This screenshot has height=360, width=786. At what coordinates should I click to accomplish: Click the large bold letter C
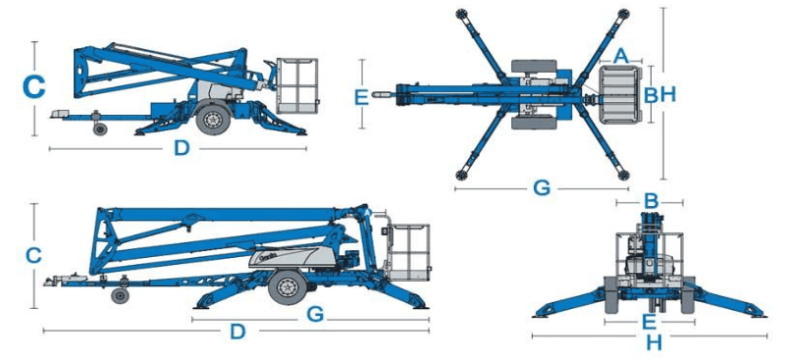(x=34, y=86)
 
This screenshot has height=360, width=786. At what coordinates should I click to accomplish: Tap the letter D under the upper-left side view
(x=182, y=148)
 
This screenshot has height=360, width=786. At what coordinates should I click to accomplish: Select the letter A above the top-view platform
(x=620, y=56)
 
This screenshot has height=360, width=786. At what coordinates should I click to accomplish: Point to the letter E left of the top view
(x=361, y=97)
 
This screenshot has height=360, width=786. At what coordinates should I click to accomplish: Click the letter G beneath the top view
(x=542, y=188)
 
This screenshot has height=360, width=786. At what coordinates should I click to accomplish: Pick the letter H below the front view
(x=655, y=343)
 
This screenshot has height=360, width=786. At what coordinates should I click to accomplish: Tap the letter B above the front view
(x=651, y=201)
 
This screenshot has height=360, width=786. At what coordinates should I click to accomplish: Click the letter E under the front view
(x=649, y=322)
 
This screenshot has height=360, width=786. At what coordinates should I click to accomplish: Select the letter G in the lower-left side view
(x=315, y=314)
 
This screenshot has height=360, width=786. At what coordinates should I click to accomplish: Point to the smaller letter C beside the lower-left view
(x=33, y=256)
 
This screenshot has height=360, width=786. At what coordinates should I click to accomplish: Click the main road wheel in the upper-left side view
(x=213, y=119)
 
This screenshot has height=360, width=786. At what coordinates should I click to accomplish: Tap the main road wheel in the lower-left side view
(x=287, y=287)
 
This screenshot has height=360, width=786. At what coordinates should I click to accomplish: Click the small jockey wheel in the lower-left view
(x=120, y=296)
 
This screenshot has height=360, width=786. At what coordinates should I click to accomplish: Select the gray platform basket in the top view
(x=620, y=94)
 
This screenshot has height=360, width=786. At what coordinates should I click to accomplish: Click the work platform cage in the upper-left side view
(x=297, y=85)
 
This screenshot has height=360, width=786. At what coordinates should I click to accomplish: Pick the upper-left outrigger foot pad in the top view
(x=461, y=14)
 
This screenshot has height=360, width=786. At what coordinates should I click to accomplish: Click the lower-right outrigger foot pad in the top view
(x=623, y=175)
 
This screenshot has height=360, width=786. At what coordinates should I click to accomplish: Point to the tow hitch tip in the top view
(x=380, y=94)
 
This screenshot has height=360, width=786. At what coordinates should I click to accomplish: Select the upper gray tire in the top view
(x=534, y=66)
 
